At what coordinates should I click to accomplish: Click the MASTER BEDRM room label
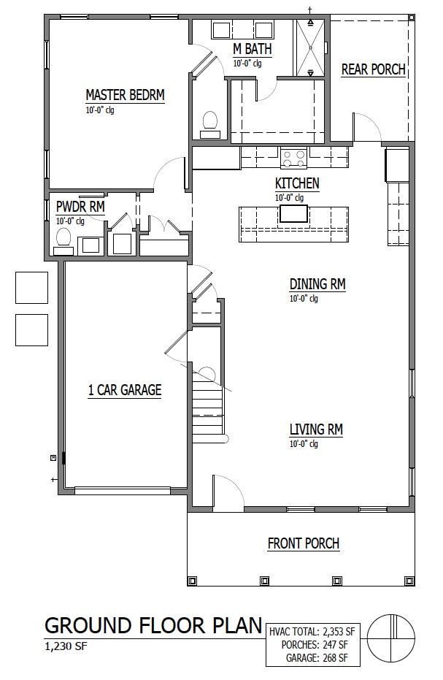pyautogui.click(x=125, y=95)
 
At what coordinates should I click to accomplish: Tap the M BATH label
pyautogui.click(x=253, y=49)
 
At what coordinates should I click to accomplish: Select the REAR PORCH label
pyautogui.click(x=373, y=69)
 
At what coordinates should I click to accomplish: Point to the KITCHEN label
pyautogui.click(x=297, y=183)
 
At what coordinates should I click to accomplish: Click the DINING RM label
pyautogui.click(x=317, y=284)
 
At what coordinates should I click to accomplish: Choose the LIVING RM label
pyautogui.click(x=316, y=429)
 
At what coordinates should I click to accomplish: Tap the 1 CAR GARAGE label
pyautogui.click(x=124, y=390)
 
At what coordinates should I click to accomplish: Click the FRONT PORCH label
pyautogui.click(x=303, y=543)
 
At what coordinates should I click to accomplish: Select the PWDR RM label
pyautogui.click(x=80, y=207)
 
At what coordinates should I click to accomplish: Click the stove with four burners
pyautogui.click(x=294, y=158)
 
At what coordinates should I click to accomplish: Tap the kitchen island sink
pyautogui.click(x=294, y=213)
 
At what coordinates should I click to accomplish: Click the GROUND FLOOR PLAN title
pyautogui.click(x=153, y=625)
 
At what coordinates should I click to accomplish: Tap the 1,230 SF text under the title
pyautogui.click(x=69, y=646)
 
